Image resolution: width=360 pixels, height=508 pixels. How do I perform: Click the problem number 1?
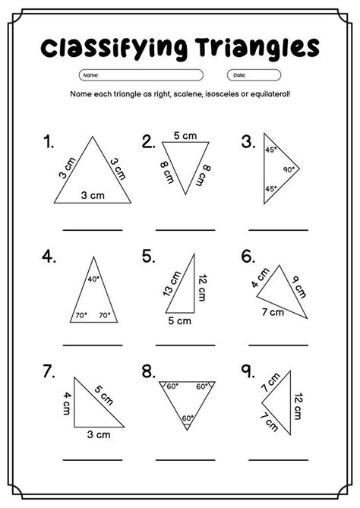[x=49, y=142]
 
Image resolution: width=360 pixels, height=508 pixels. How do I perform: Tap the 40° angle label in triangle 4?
[x=93, y=279]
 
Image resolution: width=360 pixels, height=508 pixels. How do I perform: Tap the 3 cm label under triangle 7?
[x=96, y=435]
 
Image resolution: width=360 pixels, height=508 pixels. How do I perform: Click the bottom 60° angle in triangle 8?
[x=188, y=418]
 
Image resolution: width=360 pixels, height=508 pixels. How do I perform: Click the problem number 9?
[x=248, y=371]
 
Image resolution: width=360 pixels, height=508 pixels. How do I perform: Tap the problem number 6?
[x=248, y=257]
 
